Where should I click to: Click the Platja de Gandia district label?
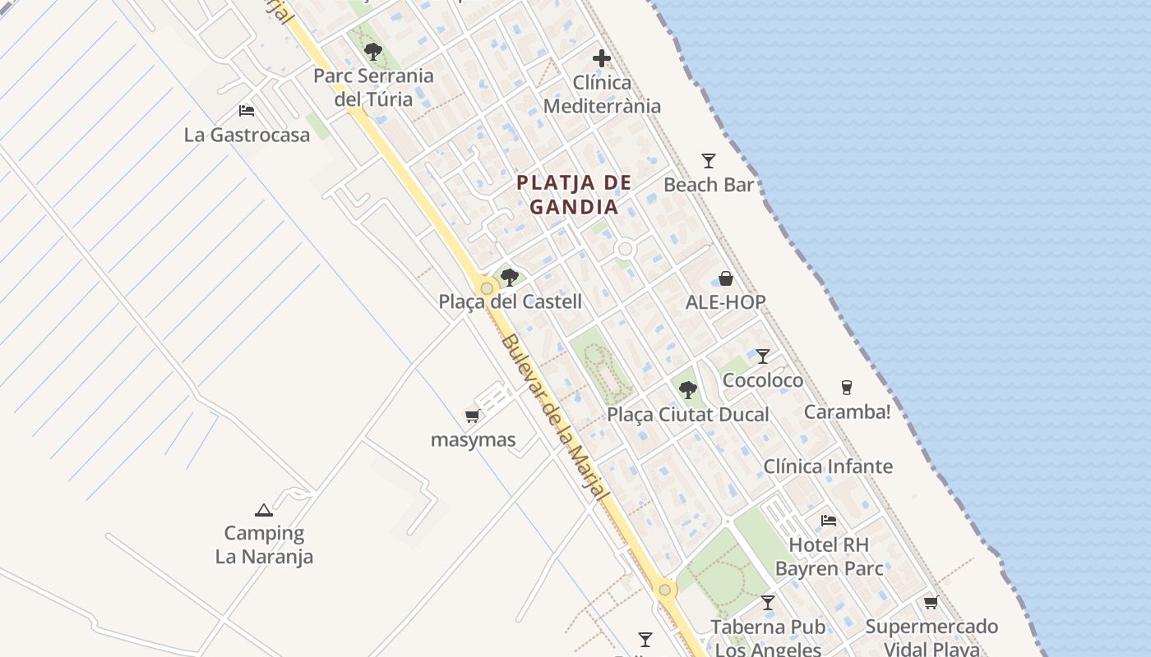(x=574, y=195)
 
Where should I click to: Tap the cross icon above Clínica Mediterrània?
(x=602, y=58)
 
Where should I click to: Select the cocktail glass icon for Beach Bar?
(x=709, y=161)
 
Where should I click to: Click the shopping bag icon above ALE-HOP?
(x=726, y=278)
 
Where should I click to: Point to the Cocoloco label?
(x=762, y=381)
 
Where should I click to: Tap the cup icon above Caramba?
(x=847, y=388)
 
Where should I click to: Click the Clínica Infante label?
(x=828, y=466)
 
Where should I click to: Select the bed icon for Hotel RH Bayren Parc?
(x=829, y=521)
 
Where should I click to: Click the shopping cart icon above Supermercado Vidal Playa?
(x=931, y=603)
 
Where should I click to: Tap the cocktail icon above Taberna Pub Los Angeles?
(x=768, y=603)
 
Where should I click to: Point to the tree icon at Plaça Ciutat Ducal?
(x=687, y=390)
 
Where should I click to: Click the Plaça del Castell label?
(x=510, y=301)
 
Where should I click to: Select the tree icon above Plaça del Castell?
(x=510, y=278)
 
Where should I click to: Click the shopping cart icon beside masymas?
(x=472, y=416)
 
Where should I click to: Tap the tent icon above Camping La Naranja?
(x=264, y=510)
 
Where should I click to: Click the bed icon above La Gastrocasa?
(x=247, y=111)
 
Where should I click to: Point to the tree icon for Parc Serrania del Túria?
(x=373, y=53)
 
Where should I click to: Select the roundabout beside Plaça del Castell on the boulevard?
(x=488, y=288)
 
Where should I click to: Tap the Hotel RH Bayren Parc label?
(x=829, y=556)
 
